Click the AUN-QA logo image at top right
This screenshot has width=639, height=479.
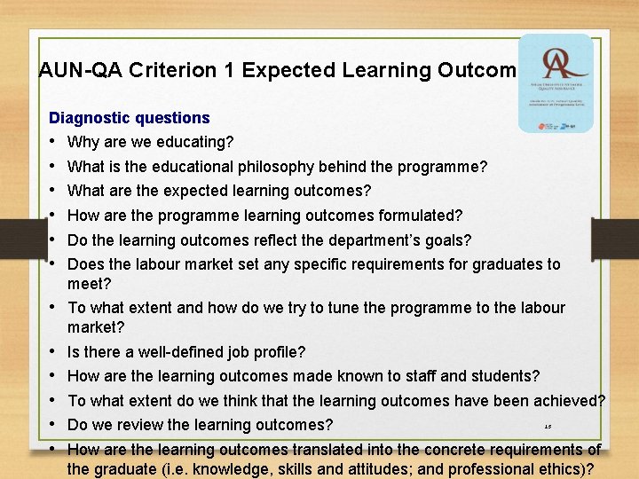click(555, 83)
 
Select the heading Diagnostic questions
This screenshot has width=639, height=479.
click(130, 117)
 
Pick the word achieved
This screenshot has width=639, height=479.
click(572, 401)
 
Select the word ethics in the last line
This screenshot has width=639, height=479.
click(556, 470)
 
